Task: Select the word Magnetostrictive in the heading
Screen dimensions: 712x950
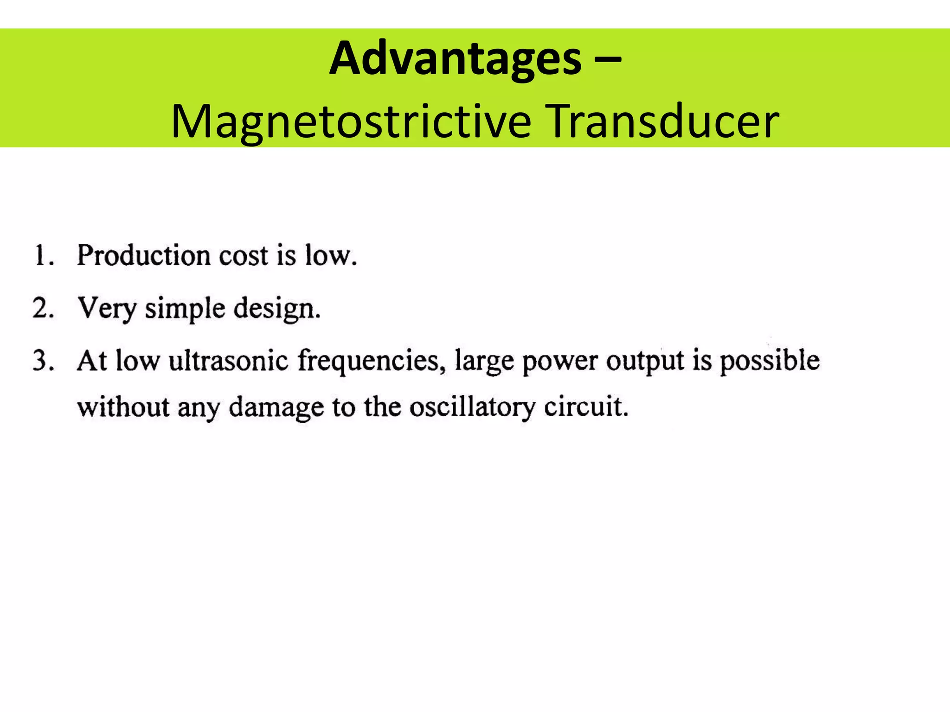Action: (351, 122)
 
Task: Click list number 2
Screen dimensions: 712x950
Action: (43, 308)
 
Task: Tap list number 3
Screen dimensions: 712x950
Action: (43, 361)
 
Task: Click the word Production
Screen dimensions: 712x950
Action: (143, 255)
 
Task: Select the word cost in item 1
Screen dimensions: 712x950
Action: (244, 256)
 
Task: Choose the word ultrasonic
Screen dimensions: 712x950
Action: (228, 361)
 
